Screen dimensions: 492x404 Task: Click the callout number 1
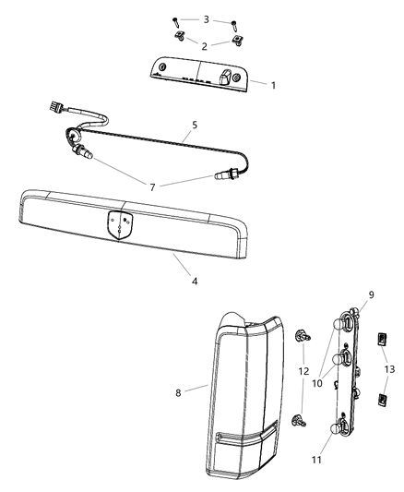(x=273, y=84)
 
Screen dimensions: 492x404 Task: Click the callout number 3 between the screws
(x=207, y=18)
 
